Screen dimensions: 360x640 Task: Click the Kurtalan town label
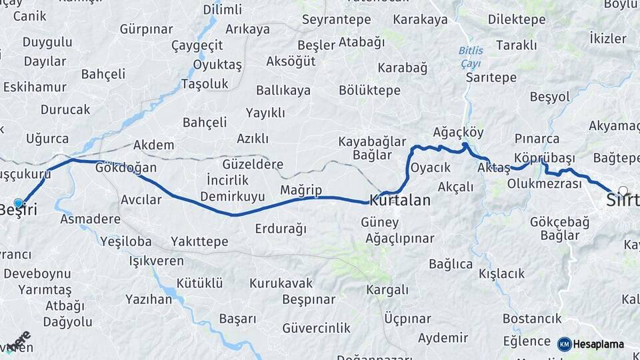[400, 200]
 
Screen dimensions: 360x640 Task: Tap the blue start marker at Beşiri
[18, 203]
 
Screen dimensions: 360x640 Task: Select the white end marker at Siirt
[623, 191]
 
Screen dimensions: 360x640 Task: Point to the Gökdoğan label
[126, 167]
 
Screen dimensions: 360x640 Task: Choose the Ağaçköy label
[458, 132]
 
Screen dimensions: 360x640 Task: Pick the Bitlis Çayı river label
[471, 57]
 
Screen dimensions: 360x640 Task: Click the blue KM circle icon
[564, 344]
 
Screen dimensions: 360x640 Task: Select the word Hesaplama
[599, 345]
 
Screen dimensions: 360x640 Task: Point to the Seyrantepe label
[336, 20]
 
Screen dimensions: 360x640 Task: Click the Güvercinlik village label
[316, 328]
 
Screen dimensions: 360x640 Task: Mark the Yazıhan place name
[149, 299]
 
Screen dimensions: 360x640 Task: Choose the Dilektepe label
[517, 19]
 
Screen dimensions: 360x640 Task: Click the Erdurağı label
[281, 229]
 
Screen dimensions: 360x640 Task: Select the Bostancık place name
[533, 319]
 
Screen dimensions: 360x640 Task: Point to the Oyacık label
[431, 167]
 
